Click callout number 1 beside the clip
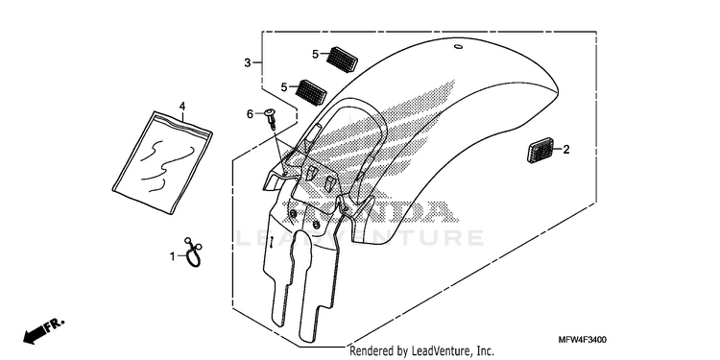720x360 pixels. [173, 256]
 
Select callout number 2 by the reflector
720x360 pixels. [566, 149]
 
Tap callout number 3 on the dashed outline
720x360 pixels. [248, 63]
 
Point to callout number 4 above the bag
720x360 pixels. [182, 106]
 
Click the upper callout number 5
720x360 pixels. [315, 54]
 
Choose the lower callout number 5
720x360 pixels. [284, 86]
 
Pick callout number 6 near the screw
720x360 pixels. [250, 114]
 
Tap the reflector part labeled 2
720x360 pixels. [540, 151]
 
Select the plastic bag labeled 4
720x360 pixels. [162, 161]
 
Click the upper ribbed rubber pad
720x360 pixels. [342, 59]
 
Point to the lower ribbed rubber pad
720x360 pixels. [311, 92]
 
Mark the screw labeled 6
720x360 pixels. [271, 116]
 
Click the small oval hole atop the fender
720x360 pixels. [458, 47]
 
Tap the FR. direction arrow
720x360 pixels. [43, 331]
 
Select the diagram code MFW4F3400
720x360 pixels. [583, 340]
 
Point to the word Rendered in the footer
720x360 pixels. [372, 351]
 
